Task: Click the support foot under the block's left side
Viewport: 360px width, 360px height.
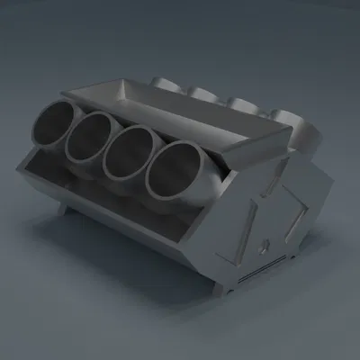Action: pyautogui.click(x=66, y=209)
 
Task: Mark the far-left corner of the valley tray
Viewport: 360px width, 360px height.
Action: pyautogui.click(x=67, y=94)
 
